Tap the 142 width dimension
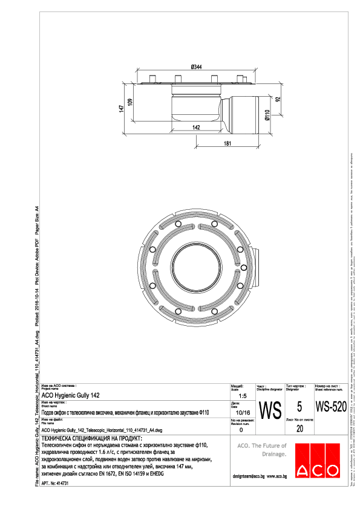(x=197, y=128)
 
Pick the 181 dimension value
(x=226, y=143)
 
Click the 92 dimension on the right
(x=278, y=99)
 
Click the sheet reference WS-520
(x=331, y=407)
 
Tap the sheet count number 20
(x=299, y=429)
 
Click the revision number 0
(x=241, y=429)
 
